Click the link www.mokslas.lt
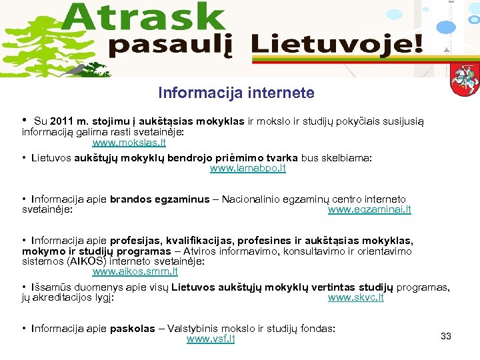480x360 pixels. click(x=129, y=143)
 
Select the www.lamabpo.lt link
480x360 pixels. click(x=248, y=169)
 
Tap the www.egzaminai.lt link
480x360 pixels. click(x=369, y=209)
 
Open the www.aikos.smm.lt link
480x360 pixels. click(x=135, y=271)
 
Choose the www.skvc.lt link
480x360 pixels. click(x=356, y=297)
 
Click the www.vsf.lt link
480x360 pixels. click(x=211, y=339)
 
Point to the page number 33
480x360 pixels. click(x=446, y=336)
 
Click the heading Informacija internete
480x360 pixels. click(x=236, y=93)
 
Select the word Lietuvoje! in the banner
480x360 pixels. click(x=337, y=45)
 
